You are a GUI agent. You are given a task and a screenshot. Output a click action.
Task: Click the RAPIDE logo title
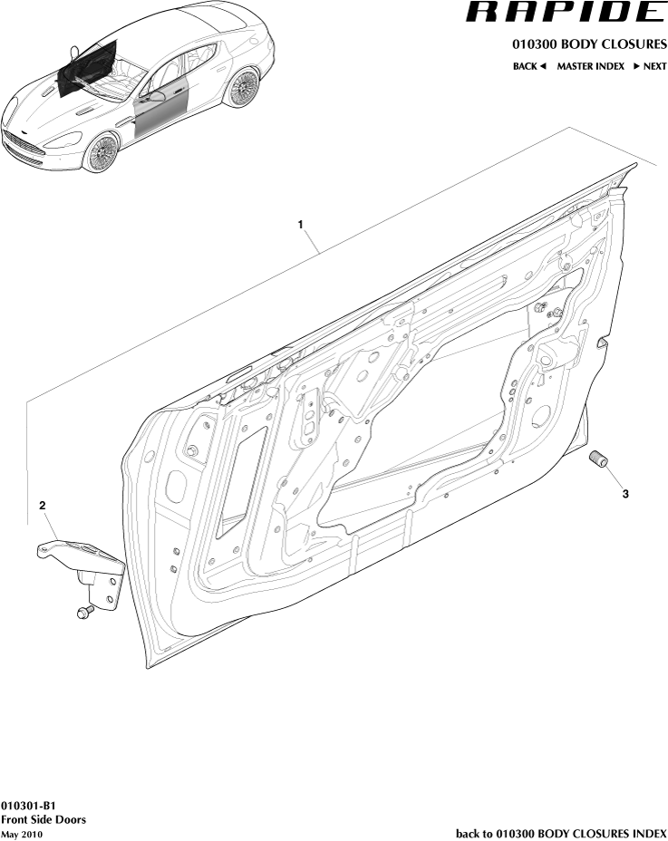pos(565,13)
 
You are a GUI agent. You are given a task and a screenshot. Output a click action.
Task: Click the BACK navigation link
pos(529,66)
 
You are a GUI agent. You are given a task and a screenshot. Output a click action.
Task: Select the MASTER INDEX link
pos(590,66)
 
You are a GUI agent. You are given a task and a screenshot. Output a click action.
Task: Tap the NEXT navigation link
pos(650,66)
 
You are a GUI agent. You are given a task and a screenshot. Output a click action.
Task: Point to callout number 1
pos(300,223)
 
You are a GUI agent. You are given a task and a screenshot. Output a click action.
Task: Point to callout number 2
pos(42,505)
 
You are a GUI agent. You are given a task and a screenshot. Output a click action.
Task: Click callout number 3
pos(624,495)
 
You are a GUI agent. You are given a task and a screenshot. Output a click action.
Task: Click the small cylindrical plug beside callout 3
pos(599,458)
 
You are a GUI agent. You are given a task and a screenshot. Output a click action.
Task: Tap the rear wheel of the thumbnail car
pos(240,88)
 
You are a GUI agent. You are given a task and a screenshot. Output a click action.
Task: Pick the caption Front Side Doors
pos(44,819)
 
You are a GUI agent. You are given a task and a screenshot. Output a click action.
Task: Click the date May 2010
pos(22,834)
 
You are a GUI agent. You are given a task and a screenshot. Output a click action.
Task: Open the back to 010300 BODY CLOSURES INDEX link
pos(561,833)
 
